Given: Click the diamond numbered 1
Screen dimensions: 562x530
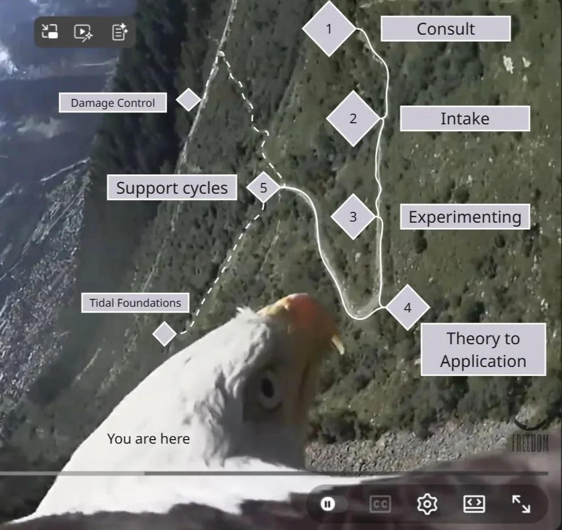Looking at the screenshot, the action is [x=329, y=28].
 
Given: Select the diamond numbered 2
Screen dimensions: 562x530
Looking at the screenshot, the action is [x=353, y=119].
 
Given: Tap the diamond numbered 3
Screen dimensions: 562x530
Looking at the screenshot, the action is [x=353, y=216].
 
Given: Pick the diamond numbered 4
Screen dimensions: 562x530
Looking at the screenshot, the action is [x=407, y=307].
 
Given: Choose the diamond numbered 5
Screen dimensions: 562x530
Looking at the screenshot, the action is [x=263, y=187].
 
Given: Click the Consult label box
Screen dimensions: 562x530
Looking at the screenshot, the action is [x=446, y=29].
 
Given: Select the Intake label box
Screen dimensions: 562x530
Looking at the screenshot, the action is [x=465, y=119].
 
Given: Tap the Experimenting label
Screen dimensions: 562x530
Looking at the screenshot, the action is [x=465, y=217].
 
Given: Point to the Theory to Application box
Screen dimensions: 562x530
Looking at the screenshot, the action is [x=483, y=350].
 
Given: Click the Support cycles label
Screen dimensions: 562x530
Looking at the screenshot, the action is [x=172, y=188].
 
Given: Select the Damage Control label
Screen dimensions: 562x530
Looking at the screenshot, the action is [x=113, y=103].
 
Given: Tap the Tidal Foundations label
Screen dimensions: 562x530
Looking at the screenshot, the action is [x=135, y=303].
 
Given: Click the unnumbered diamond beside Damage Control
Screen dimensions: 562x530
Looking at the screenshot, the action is [x=189, y=99].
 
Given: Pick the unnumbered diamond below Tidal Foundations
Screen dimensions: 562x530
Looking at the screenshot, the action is [x=165, y=334].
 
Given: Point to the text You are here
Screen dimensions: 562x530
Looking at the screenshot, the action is [x=148, y=439].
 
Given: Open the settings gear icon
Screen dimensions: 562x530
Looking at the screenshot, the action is [x=426, y=504].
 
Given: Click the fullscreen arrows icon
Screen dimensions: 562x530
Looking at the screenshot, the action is [x=521, y=504].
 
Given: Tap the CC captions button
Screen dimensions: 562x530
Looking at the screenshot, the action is [x=380, y=504].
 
